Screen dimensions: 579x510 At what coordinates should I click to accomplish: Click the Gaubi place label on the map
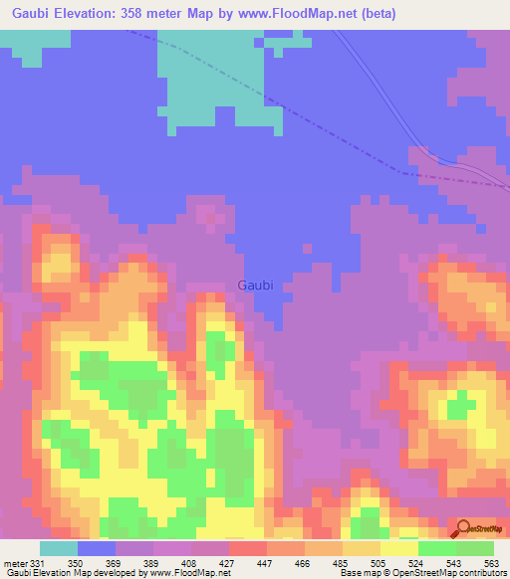coord(255,286)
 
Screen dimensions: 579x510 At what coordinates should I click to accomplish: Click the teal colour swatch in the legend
coord(58,548)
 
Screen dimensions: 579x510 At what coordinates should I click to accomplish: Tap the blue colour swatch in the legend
coord(96,548)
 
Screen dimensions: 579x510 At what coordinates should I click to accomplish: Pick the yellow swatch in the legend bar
coord(398,548)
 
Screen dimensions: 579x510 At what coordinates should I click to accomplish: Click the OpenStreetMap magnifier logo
coord(464,527)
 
